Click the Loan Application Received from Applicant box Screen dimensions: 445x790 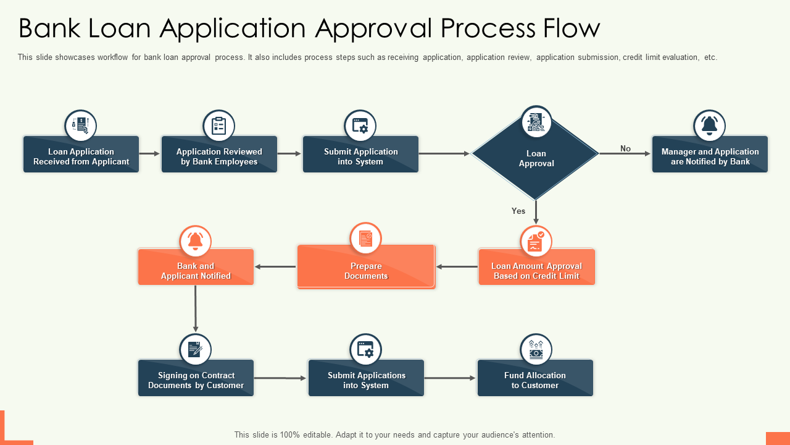(81, 156)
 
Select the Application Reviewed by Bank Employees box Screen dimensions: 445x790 (219, 156)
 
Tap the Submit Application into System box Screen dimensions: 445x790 (360, 156)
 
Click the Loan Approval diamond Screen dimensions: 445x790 (536, 158)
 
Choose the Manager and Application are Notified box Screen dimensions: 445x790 (710, 156)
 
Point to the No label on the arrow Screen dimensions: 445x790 (625, 148)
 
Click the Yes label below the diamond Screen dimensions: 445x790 (518, 211)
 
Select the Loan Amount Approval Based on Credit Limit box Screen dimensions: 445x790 (536, 271)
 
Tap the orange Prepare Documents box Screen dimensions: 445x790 (366, 271)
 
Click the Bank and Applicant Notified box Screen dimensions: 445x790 (196, 271)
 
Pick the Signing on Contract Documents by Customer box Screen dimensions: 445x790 (196, 380)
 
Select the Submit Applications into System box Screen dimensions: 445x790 (366, 380)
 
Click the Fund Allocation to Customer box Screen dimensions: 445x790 (534, 380)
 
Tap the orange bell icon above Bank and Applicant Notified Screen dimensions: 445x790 (196, 241)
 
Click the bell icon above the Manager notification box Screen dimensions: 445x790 (709, 125)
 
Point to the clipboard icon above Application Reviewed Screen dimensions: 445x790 (219, 125)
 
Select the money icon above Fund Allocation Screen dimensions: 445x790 (536, 350)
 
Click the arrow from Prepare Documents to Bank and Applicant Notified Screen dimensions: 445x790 (275, 267)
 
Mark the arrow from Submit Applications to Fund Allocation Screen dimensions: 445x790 (450, 378)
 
